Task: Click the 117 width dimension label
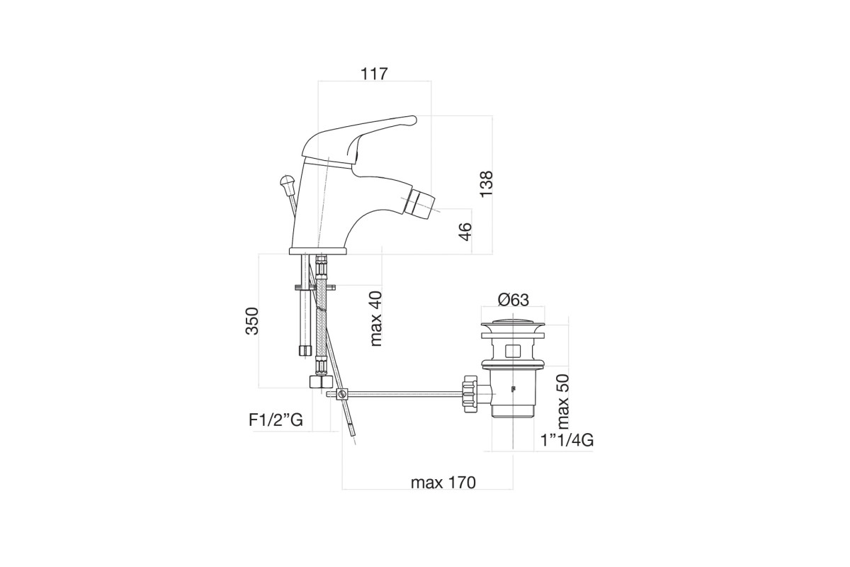[x=374, y=74]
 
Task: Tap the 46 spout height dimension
[x=465, y=231]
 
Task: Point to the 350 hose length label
[x=251, y=321]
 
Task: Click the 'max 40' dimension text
[x=375, y=319]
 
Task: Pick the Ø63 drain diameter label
[x=513, y=300]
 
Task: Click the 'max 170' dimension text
[x=443, y=483]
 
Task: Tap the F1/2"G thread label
[x=276, y=420]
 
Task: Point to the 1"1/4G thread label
[x=567, y=441]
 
